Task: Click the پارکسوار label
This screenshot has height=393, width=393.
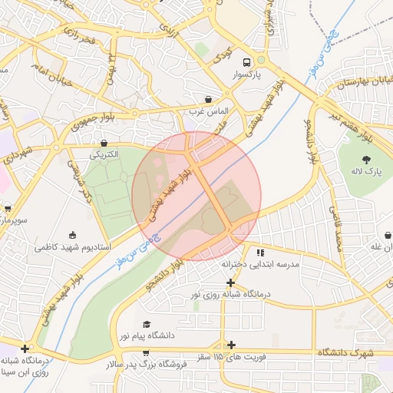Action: click(x=247, y=76)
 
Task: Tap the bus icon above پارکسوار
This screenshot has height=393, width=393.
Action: click(x=246, y=62)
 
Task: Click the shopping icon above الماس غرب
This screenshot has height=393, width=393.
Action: click(x=209, y=99)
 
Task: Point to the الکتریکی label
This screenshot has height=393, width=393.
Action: click(x=104, y=155)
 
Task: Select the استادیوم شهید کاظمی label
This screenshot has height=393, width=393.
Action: click(x=74, y=248)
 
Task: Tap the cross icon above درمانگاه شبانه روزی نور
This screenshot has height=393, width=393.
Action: click(x=231, y=282)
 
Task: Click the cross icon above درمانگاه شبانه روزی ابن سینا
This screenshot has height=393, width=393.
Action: click(x=25, y=348)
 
